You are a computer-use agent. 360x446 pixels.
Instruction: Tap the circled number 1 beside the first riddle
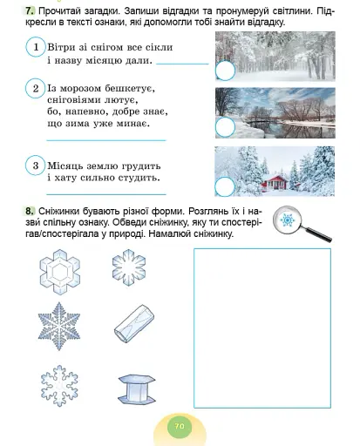[x=34, y=46]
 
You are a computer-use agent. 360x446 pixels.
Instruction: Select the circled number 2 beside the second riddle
[x=34, y=90]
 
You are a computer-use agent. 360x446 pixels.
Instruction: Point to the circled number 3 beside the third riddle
[x=34, y=166]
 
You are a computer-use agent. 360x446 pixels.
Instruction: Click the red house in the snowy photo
[x=279, y=180]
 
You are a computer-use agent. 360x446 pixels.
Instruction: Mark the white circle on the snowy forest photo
[x=225, y=71]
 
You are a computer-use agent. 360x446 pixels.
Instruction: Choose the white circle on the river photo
[x=225, y=127]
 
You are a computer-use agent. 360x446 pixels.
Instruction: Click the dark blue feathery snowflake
[x=61, y=326]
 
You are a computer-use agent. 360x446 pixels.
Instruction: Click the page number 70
[x=180, y=426]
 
